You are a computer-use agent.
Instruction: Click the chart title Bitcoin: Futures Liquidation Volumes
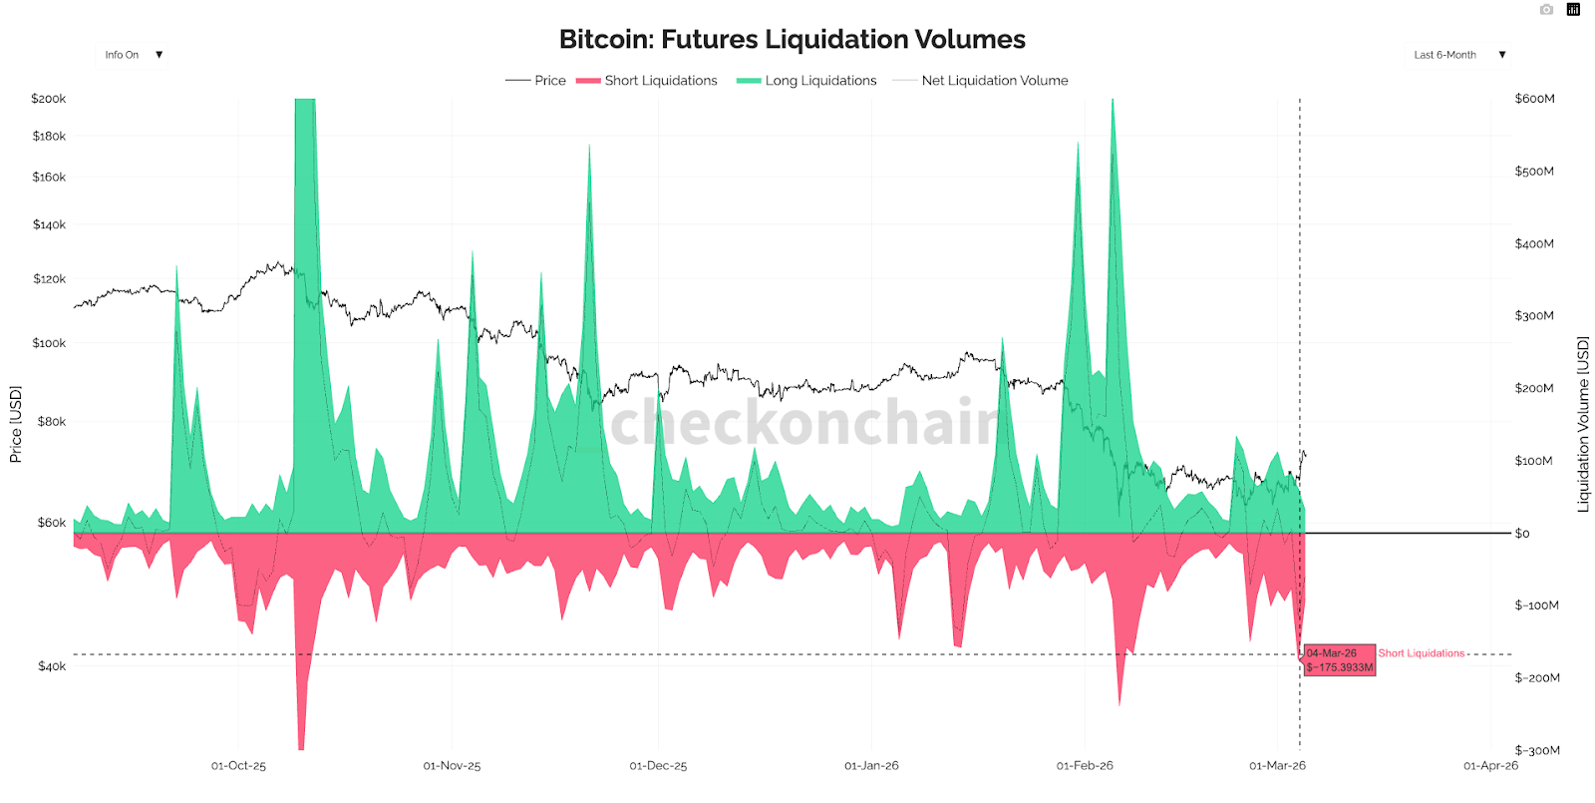pos(792,40)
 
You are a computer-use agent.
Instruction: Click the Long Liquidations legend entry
pos(819,81)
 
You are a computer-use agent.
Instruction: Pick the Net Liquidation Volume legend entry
pos(994,81)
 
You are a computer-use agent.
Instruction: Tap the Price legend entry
pos(549,81)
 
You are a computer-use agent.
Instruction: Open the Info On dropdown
pos(132,55)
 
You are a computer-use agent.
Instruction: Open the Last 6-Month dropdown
pos(1458,55)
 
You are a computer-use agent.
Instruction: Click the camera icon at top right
pos(1546,10)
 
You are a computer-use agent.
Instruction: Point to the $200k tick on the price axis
pos(48,99)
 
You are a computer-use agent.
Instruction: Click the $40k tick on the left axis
pos(51,666)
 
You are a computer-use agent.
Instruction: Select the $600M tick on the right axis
pos(1534,99)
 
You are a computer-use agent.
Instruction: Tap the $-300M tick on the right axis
pos(1536,750)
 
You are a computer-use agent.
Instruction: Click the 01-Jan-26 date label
pos(871,766)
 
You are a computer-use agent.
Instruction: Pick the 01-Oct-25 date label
pos(238,766)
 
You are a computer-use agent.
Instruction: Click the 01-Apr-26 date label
pos(1490,766)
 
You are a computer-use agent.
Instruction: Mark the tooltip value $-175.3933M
pos(1340,667)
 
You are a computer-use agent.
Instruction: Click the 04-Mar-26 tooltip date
pos(1332,653)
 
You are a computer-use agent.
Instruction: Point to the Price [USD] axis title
pos(15,424)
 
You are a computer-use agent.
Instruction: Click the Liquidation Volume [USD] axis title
pos(1582,424)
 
